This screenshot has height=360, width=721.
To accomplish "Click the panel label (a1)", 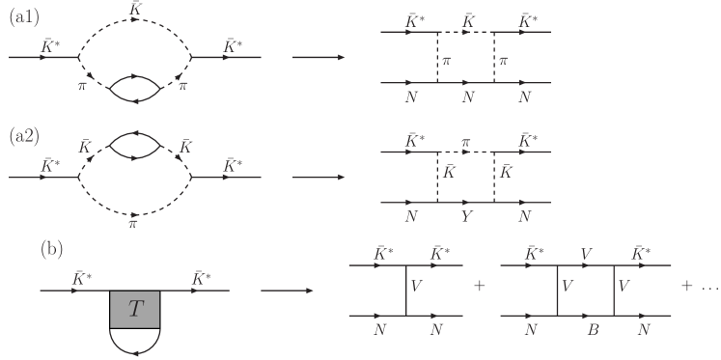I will (23, 17).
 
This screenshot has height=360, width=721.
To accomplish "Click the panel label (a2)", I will (23, 136).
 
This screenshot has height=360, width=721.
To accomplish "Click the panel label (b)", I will (51, 248).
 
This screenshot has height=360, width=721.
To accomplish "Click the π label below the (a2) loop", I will (134, 224).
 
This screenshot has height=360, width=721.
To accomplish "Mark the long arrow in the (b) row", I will (286, 289).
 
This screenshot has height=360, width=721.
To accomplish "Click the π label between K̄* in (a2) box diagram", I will (465, 143).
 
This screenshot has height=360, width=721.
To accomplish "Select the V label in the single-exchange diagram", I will (416, 287).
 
